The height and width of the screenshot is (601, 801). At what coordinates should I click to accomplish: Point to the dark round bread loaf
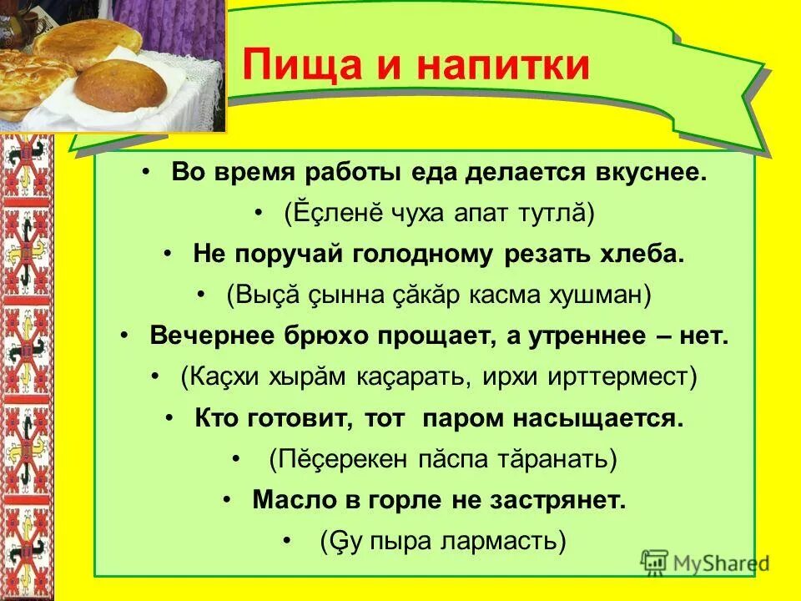point(121,86)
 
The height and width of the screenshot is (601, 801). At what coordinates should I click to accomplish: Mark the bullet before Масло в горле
point(228,499)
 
